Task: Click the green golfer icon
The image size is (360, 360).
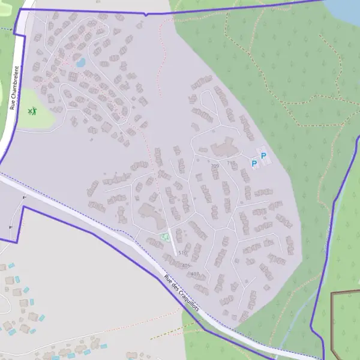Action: pos(32,111)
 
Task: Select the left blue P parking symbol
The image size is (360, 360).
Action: pos(254,163)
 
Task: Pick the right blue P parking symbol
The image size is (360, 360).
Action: pos(263,157)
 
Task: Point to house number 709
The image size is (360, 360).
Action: pos(215,166)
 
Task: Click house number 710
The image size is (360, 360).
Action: pos(231,163)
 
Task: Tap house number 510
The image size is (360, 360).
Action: pos(182,253)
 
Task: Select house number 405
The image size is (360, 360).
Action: pos(185,265)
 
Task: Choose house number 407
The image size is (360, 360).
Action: pos(194,274)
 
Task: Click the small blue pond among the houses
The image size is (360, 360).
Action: pos(80,61)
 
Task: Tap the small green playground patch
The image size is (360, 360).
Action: pos(164,236)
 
